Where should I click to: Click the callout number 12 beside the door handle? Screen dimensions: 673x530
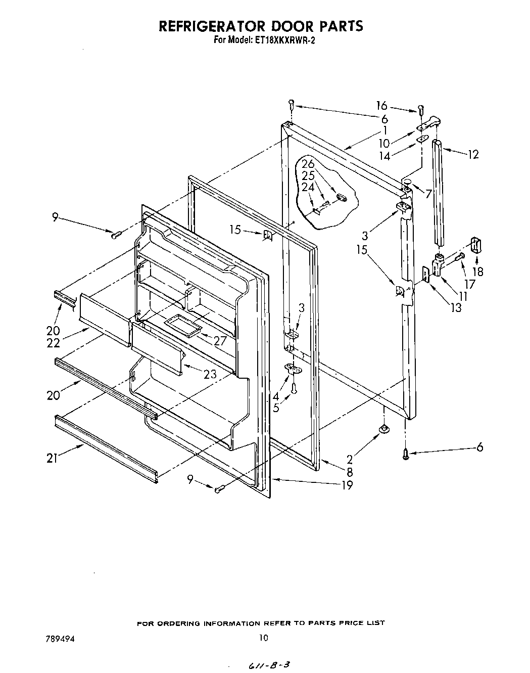[473, 154]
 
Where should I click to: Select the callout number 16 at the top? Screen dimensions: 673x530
[381, 105]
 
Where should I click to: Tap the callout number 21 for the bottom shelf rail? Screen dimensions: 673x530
[52, 458]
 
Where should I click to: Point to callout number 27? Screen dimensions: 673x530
[220, 341]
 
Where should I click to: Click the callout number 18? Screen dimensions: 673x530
[477, 272]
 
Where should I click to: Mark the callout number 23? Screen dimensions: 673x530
[210, 374]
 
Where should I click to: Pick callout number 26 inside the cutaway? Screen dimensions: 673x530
[308, 164]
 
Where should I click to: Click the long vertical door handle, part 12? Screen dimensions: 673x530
[438, 192]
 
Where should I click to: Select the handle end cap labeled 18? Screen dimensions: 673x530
[477, 246]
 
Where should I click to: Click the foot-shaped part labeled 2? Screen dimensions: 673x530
[384, 429]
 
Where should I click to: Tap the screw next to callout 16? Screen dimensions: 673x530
[421, 109]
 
